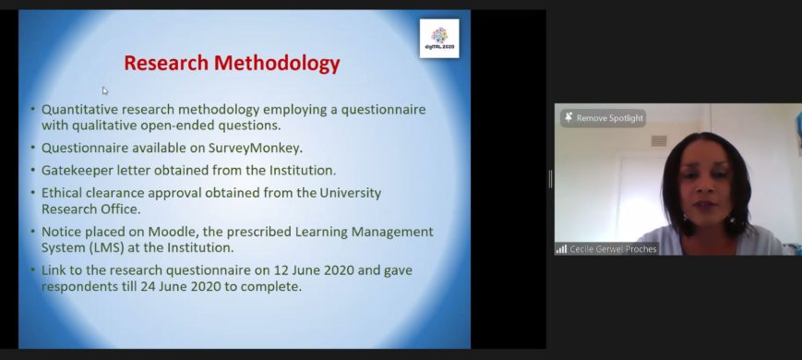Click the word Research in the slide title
[166, 64]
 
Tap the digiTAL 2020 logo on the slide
[439, 39]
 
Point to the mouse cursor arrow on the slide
[105, 91]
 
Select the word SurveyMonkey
[255, 149]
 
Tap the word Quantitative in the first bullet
[82, 110]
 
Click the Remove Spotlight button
[603, 118]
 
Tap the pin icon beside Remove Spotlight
[569, 117]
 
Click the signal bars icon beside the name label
[562, 249]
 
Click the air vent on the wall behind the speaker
[659, 140]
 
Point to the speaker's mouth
[704, 206]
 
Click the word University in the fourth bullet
[351, 193]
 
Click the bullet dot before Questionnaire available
[33, 148]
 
